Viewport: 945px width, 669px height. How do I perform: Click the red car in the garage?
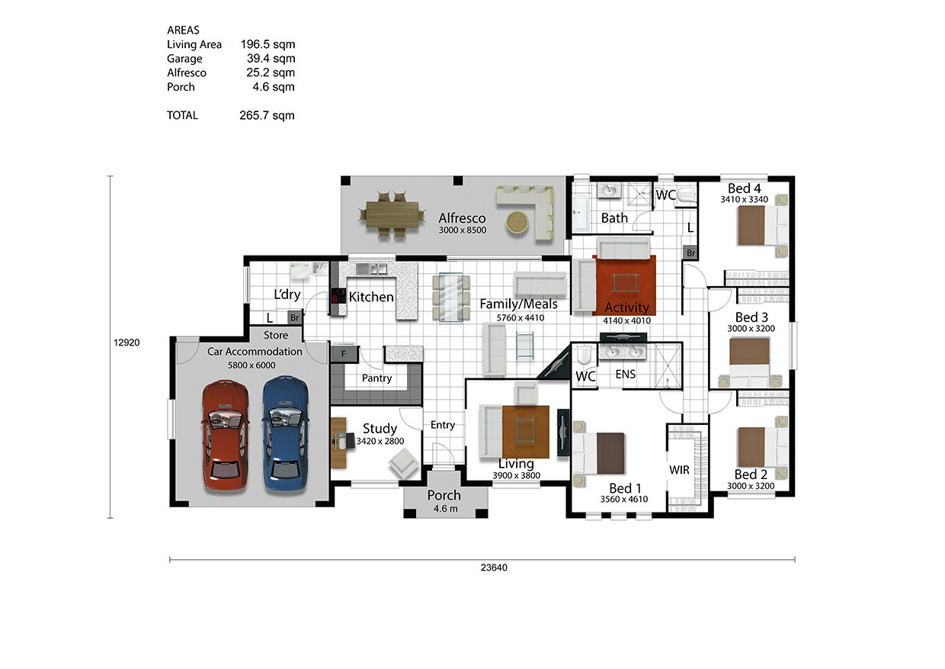[x=226, y=436]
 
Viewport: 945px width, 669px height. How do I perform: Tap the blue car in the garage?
[x=286, y=435]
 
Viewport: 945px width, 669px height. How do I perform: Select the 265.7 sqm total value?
[x=267, y=116]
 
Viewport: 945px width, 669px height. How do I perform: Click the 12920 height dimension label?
[x=127, y=343]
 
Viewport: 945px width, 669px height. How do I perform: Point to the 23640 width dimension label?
[x=494, y=568]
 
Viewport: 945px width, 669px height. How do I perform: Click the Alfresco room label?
[x=462, y=218]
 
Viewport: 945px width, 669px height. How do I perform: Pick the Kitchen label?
[x=371, y=297]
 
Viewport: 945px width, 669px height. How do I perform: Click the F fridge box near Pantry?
[x=344, y=354]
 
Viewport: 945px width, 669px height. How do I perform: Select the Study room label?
[x=380, y=429]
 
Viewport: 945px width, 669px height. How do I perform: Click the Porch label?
[x=444, y=495]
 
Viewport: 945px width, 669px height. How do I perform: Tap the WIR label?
[x=679, y=470]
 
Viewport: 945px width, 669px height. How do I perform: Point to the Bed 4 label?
[x=745, y=188]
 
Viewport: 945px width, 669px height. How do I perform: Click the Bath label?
[x=614, y=218]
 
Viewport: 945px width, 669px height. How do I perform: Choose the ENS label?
[x=625, y=375]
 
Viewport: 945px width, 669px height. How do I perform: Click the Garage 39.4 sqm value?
[x=271, y=58]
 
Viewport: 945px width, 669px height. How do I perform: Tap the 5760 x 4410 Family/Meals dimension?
[x=521, y=317]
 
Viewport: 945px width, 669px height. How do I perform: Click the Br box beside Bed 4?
[x=690, y=253]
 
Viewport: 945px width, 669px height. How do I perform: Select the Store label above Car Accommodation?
[x=276, y=336]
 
